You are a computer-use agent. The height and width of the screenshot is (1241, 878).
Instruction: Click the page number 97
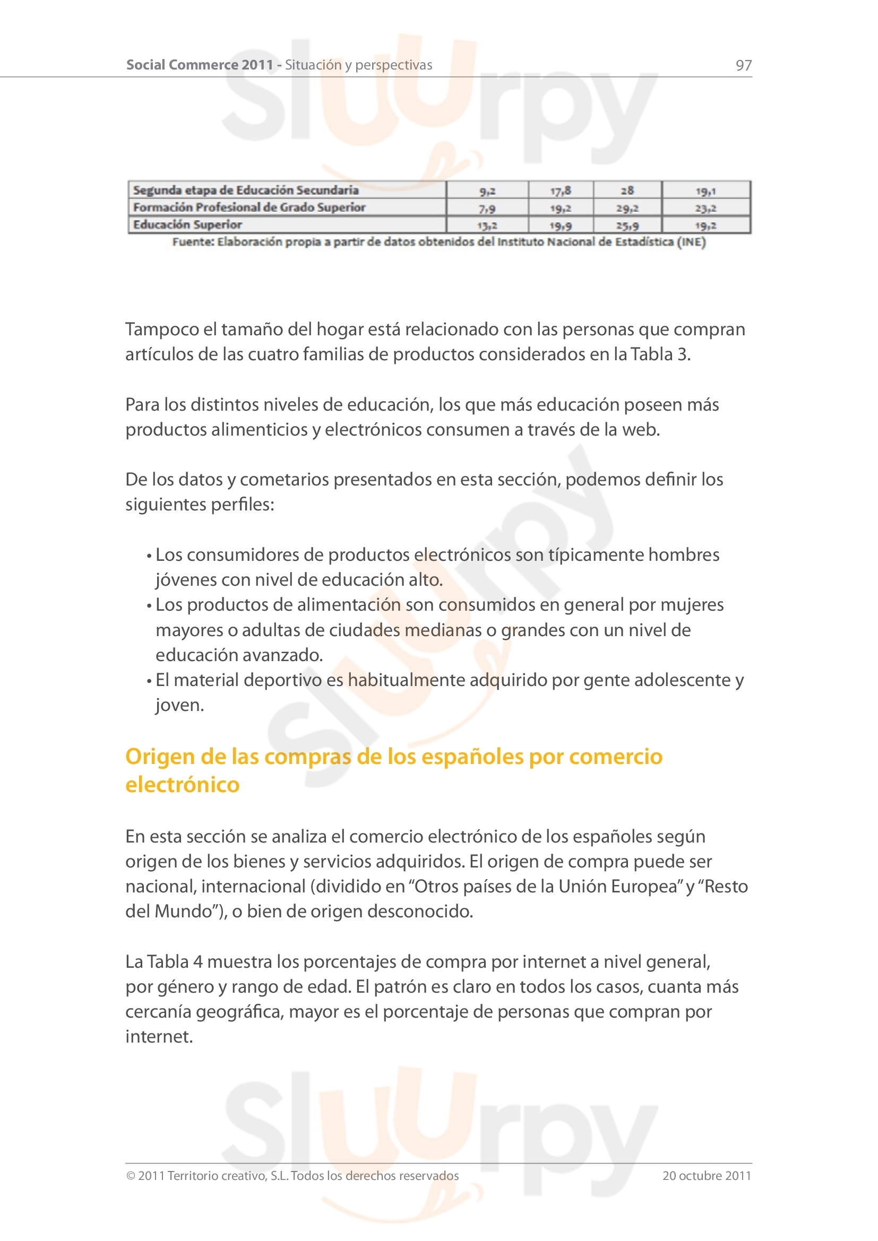(743, 65)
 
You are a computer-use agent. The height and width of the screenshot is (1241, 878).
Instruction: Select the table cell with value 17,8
(560, 191)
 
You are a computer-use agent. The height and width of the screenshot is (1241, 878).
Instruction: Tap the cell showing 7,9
(487, 208)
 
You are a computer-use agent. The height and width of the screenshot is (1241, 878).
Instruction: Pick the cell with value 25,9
(627, 225)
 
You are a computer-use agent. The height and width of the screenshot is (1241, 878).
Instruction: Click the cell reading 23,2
(705, 208)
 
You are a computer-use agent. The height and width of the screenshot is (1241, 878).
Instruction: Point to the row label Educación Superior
(187, 224)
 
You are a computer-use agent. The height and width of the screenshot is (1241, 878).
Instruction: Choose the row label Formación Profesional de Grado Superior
(249, 207)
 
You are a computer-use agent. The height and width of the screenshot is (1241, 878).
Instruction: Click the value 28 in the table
(627, 191)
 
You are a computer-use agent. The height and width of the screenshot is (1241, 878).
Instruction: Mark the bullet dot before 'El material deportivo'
(149, 681)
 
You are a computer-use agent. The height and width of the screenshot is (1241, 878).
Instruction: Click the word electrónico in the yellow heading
(182, 785)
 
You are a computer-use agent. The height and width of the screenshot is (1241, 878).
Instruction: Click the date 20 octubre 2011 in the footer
(707, 1176)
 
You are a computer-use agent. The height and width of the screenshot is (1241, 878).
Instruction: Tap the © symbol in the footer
(130, 1176)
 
